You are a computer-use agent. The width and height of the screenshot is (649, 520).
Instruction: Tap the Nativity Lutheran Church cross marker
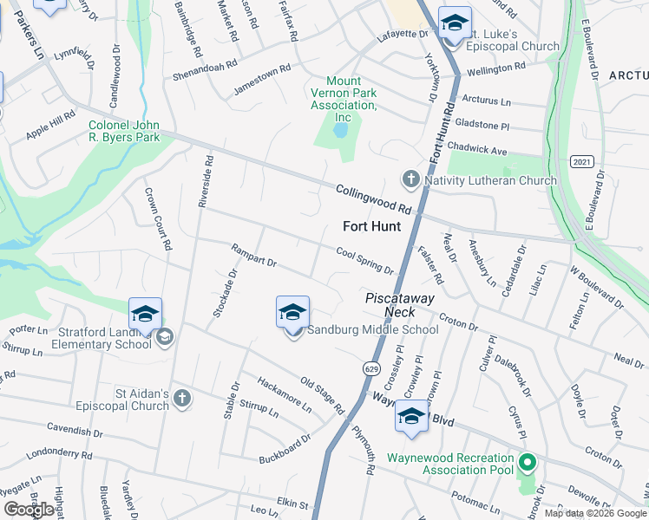pos(410,180)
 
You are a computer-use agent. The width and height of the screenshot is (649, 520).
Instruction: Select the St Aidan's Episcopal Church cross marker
pos(181,399)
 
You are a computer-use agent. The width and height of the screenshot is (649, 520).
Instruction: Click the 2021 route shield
pos(582,162)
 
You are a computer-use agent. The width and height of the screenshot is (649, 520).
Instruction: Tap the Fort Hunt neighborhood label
pos(372,227)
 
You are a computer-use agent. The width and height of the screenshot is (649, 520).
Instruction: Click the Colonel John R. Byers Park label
pos(124,131)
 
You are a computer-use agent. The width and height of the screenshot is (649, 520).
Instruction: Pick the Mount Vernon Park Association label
pos(344,99)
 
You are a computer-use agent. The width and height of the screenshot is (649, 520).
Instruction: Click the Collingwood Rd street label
pos(374,199)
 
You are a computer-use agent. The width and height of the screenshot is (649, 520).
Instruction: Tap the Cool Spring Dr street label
pos(365,259)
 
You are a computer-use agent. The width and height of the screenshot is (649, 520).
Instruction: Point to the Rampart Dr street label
pos(253,255)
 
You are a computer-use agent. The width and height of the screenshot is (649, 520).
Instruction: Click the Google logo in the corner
pos(29,510)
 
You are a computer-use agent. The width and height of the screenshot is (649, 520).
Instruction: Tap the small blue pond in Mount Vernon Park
pos(340,132)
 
